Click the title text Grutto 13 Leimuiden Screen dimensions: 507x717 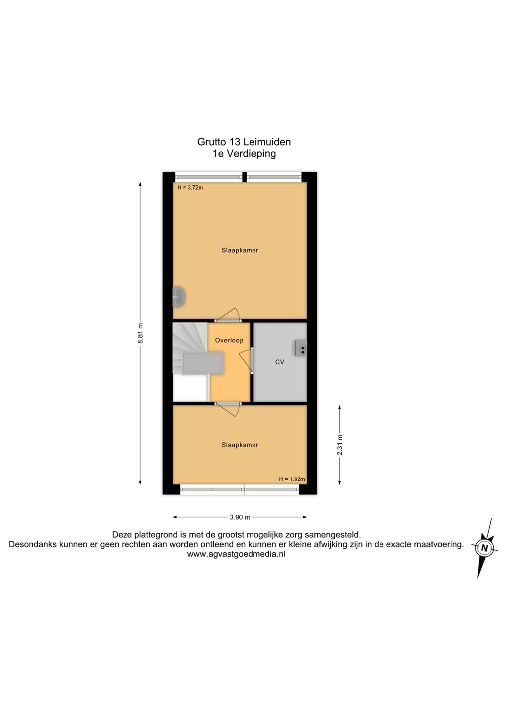pos(244,142)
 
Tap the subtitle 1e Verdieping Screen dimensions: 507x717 pos(244,154)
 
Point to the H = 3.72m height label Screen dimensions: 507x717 pos(190,188)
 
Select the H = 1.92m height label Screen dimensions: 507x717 pos(292,479)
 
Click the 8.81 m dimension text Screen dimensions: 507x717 pos(140,333)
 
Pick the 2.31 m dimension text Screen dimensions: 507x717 pos(340,445)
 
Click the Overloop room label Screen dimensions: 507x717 pos(229,340)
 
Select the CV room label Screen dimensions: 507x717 pos(280,362)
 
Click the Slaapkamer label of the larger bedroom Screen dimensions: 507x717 pos(240,250)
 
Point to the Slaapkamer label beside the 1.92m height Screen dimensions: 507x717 pos(240,445)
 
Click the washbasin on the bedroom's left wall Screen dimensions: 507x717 pos(179,297)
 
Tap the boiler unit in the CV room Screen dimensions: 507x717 pos(301,348)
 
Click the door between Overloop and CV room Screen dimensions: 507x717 pos(246,360)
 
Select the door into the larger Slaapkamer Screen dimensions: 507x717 pos(228,315)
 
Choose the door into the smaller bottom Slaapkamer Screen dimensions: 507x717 pos(228,409)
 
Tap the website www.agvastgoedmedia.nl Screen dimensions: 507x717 pos(236,554)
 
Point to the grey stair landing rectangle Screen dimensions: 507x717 pos(203,363)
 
